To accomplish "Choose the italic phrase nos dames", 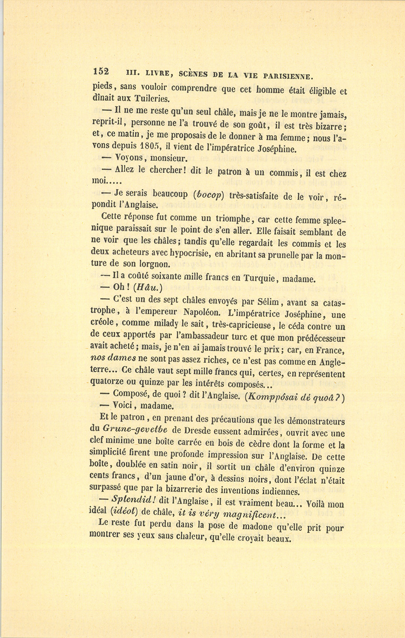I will (113, 358).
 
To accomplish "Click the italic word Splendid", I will (134, 500).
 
